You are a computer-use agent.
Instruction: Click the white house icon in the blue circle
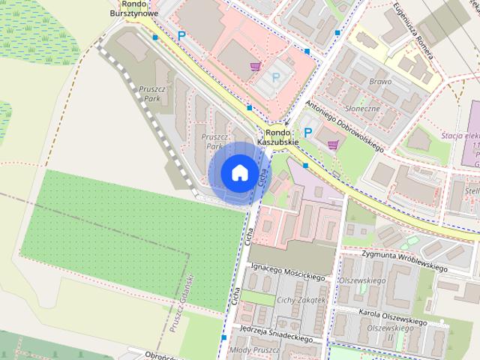coord(239,172)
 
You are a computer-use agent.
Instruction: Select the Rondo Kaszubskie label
coord(278,137)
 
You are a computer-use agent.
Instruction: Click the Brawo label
coord(381,81)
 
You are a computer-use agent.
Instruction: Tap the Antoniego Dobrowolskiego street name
coord(346,126)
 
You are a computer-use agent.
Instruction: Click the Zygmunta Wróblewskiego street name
coord(404,262)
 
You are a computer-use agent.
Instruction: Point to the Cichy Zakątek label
coord(301,300)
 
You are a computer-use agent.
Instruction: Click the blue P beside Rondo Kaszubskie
coord(307,132)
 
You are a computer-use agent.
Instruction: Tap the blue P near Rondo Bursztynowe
coord(181,35)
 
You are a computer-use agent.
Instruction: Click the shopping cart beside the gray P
coord(255,66)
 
